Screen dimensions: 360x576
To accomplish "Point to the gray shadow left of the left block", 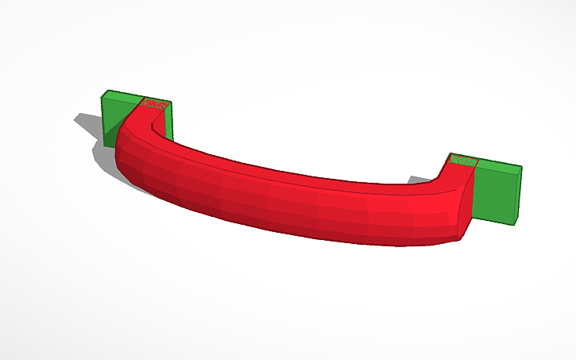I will (x=89, y=123).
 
